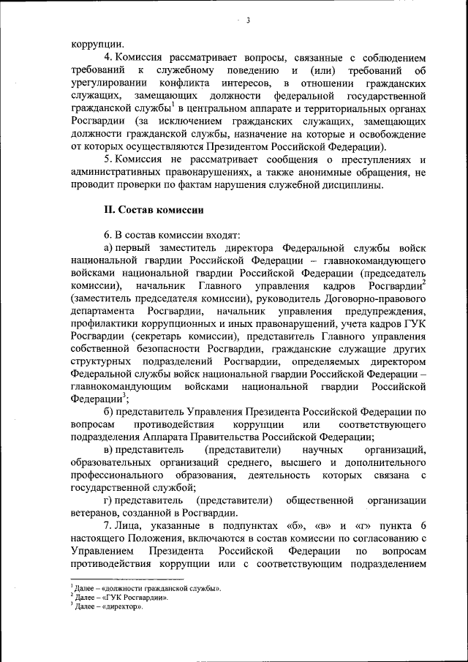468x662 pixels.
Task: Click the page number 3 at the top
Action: click(249, 20)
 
